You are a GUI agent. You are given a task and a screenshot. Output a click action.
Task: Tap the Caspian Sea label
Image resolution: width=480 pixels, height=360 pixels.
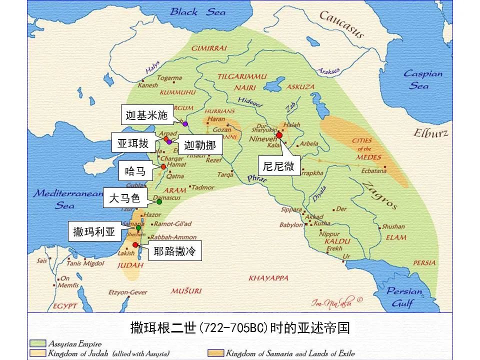pos(423,79)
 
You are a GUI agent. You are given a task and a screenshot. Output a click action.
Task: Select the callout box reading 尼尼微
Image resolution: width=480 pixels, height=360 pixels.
pos(279,167)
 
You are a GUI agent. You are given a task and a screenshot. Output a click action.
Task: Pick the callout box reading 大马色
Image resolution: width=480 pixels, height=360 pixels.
pos(121,198)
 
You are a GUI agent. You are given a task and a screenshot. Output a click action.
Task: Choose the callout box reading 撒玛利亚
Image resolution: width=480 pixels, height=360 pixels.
pos(94,232)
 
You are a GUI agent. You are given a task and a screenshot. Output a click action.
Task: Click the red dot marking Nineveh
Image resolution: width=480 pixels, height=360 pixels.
pos(279,135)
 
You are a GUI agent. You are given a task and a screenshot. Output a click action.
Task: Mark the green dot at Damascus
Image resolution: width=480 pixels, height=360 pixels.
pos(159,202)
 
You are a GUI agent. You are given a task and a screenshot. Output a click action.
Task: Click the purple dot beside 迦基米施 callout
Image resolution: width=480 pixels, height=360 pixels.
pos(185,123)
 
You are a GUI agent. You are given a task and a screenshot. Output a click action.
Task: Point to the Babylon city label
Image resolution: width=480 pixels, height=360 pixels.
pos(291,225)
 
